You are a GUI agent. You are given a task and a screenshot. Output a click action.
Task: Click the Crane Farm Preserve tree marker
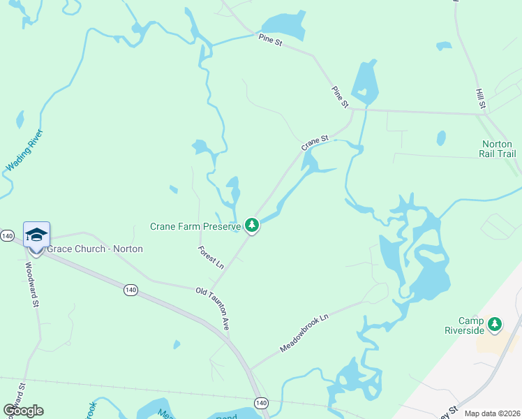252,226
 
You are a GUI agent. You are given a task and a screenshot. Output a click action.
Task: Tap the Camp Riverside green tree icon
495,324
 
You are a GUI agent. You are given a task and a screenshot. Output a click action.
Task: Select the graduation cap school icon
36,235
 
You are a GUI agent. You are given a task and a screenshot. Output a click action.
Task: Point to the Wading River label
24,151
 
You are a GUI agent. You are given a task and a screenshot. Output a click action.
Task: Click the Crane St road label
314,143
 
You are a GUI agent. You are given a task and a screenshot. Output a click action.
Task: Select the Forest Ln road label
210,258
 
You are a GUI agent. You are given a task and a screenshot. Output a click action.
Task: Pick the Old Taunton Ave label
213,308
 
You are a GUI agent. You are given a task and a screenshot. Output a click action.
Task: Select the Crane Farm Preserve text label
195,226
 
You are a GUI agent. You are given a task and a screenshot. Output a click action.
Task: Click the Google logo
23,410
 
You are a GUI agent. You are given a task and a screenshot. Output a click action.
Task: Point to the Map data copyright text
491,413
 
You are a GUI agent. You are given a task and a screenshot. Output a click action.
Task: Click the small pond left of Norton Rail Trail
440,138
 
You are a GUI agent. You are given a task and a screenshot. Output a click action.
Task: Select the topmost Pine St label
269,41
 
